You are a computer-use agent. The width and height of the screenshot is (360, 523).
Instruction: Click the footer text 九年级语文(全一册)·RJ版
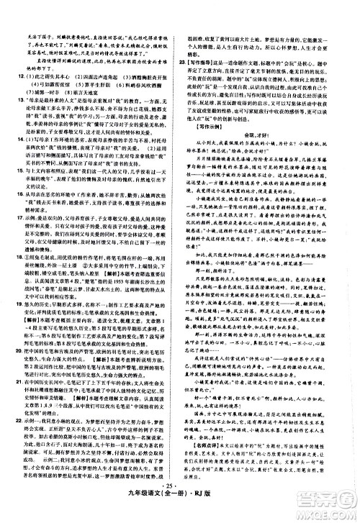pyautogui.click(x=179, y=511)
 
